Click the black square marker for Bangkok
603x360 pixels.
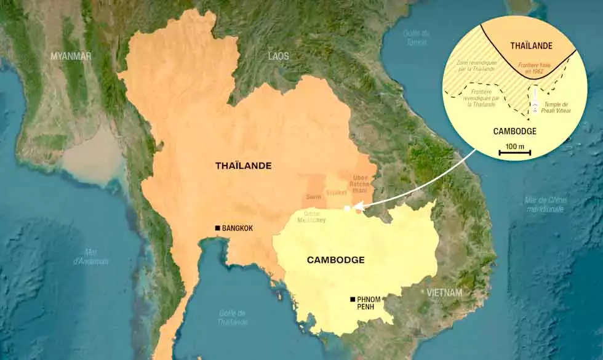[217, 228]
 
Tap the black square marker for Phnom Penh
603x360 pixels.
[352, 299]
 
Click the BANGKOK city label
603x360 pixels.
[238, 228]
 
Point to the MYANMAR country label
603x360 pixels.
[71, 56]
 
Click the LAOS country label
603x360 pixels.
[278, 56]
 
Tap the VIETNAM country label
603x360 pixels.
[444, 292]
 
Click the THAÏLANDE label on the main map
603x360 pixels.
[243, 166]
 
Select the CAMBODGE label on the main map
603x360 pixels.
[335, 260]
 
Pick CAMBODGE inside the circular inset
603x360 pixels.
[515, 131]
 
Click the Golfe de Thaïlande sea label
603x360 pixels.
[233, 318]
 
